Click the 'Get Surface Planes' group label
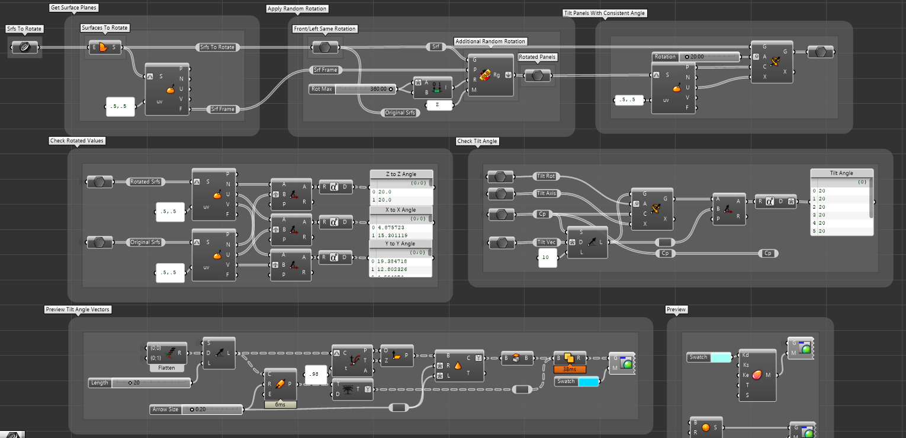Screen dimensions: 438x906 point(74,8)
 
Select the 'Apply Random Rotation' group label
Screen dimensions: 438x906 point(297,9)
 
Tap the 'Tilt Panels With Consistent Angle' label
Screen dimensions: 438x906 point(604,13)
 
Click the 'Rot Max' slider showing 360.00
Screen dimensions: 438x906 point(352,89)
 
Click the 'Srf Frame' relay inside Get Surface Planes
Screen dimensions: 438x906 point(223,109)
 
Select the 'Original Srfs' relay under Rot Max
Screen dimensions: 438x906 point(401,113)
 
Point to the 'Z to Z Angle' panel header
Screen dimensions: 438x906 point(401,174)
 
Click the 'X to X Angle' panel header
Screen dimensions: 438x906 point(401,210)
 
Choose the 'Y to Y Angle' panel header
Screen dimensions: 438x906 point(401,244)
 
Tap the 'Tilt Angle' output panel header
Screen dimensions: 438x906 point(841,173)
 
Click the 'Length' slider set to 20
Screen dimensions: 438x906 point(140,383)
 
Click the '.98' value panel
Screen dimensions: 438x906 point(314,374)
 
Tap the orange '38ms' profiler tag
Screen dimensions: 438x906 point(570,369)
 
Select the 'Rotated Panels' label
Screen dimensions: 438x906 point(538,57)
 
